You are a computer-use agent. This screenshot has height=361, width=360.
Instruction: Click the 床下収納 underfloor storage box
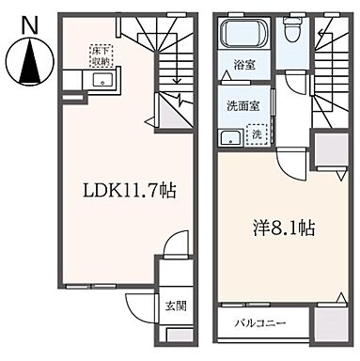tap(101, 52)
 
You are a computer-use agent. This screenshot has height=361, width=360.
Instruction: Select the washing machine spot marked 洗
tap(257, 133)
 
